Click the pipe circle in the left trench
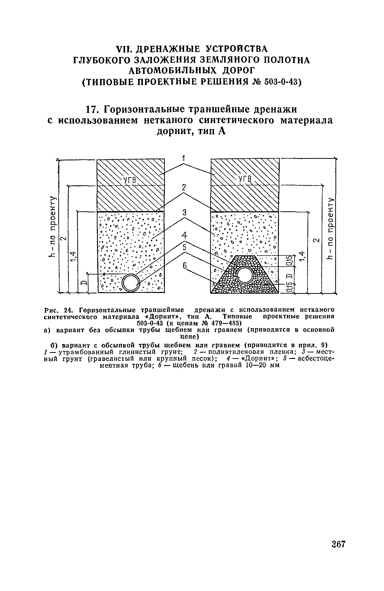130,283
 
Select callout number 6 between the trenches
185,267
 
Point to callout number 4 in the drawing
185,235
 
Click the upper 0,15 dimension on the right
289,261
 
